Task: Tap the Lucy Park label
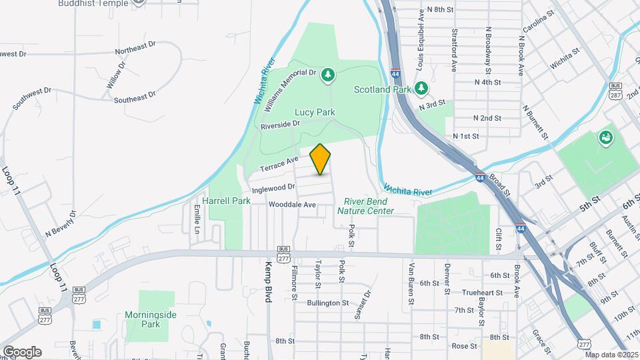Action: [315, 113]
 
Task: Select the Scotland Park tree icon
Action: [421, 88]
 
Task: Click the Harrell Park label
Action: [227, 200]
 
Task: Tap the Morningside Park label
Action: [143, 319]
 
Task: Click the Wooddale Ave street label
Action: [292, 205]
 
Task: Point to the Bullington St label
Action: [328, 303]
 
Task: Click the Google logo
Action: [22, 351]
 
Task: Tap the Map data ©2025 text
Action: [611, 355]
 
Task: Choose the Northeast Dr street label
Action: [135, 48]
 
